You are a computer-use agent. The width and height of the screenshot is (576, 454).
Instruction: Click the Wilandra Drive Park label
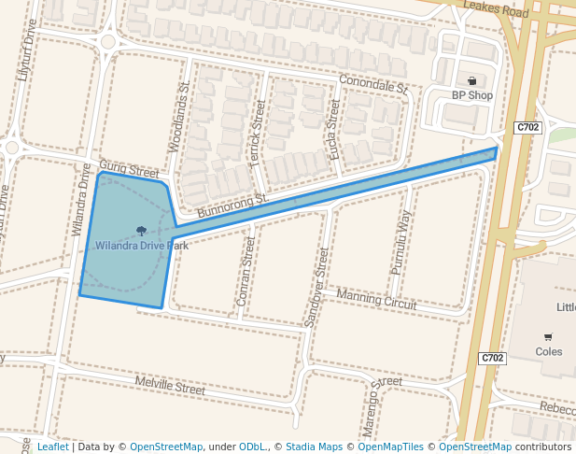tap(142, 246)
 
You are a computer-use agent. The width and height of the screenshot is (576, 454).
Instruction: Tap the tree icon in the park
tap(142, 231)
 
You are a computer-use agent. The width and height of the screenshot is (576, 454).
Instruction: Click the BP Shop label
tap(471, 95)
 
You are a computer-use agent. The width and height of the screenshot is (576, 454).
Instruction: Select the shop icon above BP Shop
tap(471, 80)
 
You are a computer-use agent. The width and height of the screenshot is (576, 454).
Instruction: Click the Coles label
tap(549, 352)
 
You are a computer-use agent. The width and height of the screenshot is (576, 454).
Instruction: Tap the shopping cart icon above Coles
tap(548, 337)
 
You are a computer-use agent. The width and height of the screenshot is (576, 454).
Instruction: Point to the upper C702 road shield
tap(527, 127)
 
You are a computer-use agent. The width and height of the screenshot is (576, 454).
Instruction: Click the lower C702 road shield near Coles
tap(493, 358)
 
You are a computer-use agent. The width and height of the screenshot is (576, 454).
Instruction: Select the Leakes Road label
tap(496, 10)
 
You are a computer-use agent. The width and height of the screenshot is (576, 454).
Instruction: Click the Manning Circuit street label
tap(377, 298)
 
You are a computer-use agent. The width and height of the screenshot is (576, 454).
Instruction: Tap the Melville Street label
tap(170, 384)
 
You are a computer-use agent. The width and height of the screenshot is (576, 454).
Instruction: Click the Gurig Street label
tap(130, 169)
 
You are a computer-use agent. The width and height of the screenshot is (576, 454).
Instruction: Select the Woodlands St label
tap(178, 117)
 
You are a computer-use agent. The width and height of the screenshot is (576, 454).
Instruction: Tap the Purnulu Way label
tap(400, 241)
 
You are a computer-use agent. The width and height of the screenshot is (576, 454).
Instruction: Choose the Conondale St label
tap(374, 84)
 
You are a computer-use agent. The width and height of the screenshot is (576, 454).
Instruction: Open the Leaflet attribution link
tap(52, 447)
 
